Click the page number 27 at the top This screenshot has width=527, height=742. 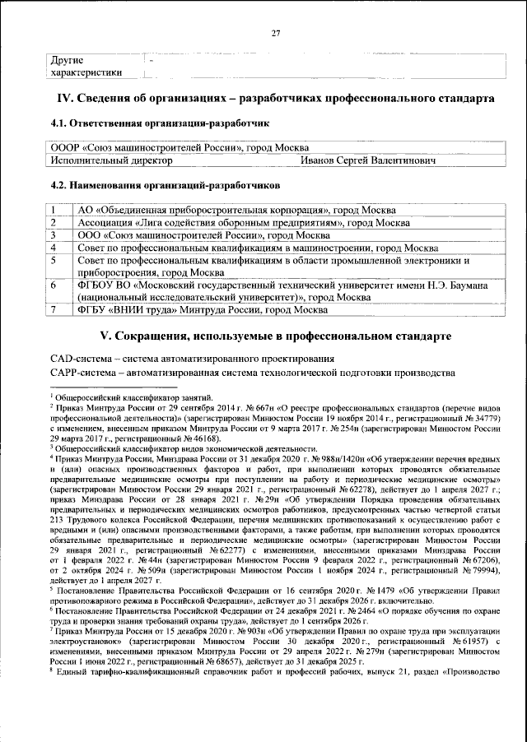coord(276,32)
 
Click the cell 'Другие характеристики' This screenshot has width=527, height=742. coord(86,66)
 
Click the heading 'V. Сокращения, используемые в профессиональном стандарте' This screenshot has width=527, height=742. coord(275,337)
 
